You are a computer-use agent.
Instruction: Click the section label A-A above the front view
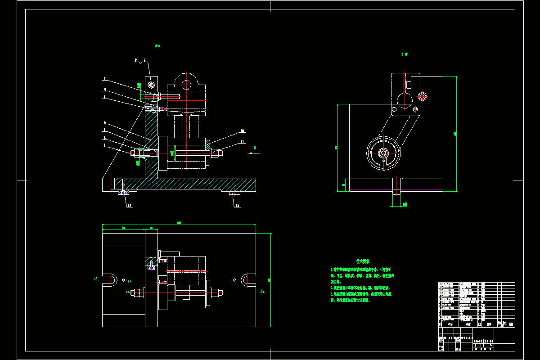click(157, 45)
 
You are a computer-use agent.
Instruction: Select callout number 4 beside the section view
click(104, 122)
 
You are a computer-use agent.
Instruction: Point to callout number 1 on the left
click(104, 145)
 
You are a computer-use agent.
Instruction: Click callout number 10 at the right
click(242, 131)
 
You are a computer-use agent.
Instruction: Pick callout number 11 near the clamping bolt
click(242, 142)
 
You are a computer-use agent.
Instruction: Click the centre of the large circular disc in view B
click(383, 153)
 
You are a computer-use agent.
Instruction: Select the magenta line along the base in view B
click(396, 189)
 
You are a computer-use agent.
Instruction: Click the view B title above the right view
click(405, 54)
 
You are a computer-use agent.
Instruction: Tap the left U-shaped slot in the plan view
click(111, 279)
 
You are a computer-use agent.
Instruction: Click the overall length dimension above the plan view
click(179, 223)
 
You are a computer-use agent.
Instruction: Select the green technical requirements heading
click(363, 261)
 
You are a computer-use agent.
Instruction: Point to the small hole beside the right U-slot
click(235, 279)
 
